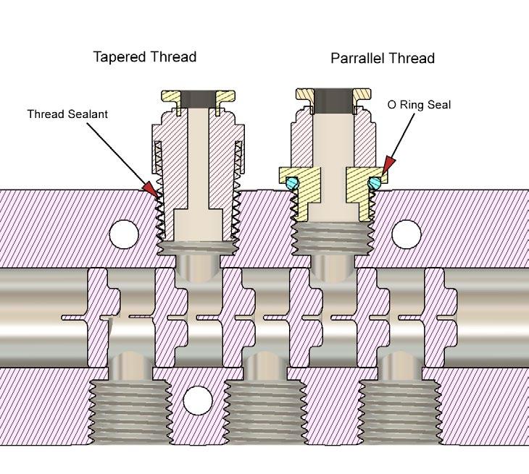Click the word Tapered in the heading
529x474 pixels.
click(x=118, y=57)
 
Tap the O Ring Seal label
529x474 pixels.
click(x=419, y=105)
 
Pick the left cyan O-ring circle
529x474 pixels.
click(x=291, y=184)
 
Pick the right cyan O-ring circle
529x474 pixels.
click(x=374, y=184)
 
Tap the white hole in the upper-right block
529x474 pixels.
click(x=406, y=233)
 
